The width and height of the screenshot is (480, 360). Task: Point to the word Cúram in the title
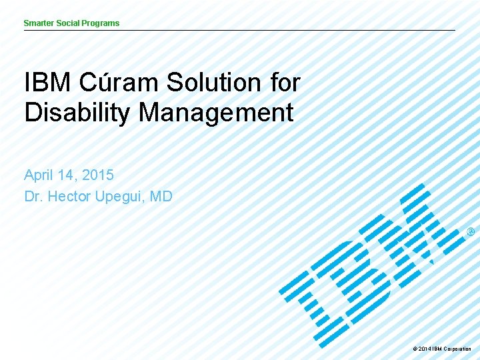(120, 83)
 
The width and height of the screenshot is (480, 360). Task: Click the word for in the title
(285, 83)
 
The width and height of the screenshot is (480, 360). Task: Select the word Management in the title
(216, 113)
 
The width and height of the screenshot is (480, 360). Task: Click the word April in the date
(39, 176)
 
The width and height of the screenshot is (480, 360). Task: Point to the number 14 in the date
(67, 176)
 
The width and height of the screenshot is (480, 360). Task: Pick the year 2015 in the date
(98, 176)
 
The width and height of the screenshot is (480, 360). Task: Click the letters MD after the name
(161, 197)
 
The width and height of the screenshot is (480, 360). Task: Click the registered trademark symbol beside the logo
(471, 232)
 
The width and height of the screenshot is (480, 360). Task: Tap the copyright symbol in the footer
(415, 349)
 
